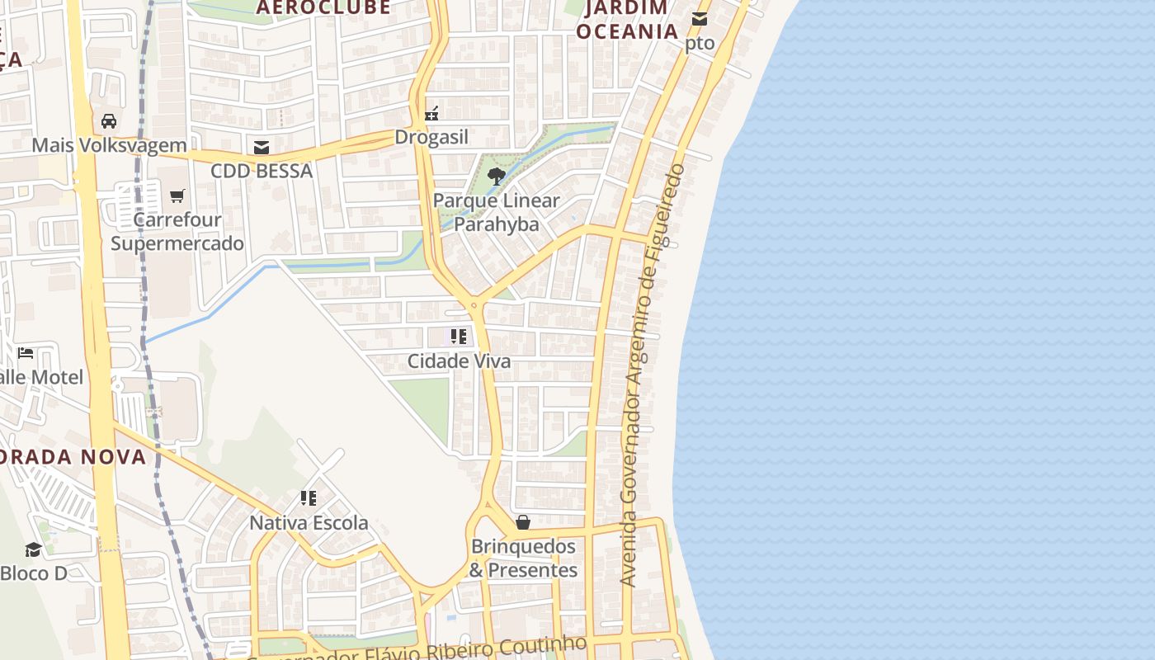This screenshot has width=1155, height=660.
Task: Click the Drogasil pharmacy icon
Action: click(x=431, y=113)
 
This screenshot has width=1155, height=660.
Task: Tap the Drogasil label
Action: click(x=431, y=137)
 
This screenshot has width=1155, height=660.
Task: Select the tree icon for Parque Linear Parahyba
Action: click(x=496, y=176)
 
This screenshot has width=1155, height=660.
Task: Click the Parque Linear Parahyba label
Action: click(x=497, y=212)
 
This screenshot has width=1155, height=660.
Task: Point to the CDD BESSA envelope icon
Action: click(x=262, y=148)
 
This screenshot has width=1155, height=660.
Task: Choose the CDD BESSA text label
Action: click(x=262, y=171)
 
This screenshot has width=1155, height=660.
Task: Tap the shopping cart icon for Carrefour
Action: click(x=177, y=196)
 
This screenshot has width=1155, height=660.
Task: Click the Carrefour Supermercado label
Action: click(x=177, y=232)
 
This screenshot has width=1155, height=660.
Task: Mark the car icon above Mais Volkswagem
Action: click(x=109, y=121)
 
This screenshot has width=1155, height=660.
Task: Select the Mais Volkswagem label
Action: click(x=109, y=146)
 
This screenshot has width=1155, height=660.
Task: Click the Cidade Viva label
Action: click(x=459, y=361)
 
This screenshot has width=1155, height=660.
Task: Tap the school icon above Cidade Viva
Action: click(x=459, y=337)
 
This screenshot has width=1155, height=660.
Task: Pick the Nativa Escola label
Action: click(x=309, y=523)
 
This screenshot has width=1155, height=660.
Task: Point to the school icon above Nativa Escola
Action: click(x=309, y=498)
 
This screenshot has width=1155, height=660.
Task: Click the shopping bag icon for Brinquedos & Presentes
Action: click(x=522, y=522)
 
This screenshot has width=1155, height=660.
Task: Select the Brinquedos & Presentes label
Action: click(x=523, y=559)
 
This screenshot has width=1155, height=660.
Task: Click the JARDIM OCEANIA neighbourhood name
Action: click(x=627, y=21)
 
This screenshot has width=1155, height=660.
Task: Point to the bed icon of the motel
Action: click(x=26, y=353)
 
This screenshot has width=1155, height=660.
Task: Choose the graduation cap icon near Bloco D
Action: click(x=33, y=549)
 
